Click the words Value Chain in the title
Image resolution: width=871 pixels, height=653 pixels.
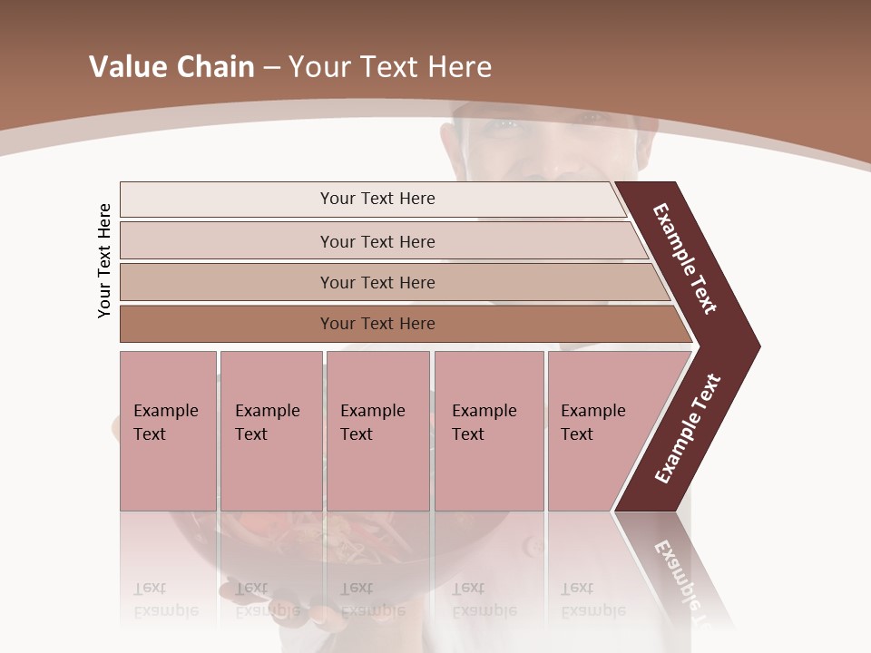tap(171, 67)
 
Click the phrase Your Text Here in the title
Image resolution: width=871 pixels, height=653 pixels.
tap(390, 67)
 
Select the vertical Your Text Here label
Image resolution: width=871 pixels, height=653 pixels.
tap(105, 261)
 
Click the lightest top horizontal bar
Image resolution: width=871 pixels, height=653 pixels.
tap(377, 199)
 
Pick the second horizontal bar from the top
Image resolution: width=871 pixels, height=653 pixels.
tap(377, 241)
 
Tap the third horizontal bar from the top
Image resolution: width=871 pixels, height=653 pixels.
tap(377, 282)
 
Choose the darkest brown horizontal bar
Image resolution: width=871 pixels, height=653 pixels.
tap(377, 324)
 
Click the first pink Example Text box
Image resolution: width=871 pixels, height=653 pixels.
tap(167, 430)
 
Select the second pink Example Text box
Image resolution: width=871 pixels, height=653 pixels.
tap(269, 430)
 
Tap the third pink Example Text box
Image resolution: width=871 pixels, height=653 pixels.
tap(377, 430)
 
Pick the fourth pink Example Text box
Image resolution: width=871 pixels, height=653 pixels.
tap(488, 430)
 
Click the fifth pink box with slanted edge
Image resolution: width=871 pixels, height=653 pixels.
tap(599, 430)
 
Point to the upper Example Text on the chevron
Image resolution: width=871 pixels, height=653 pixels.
tap(685, 258)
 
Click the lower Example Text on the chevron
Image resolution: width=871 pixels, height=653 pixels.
tap(688, 429)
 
